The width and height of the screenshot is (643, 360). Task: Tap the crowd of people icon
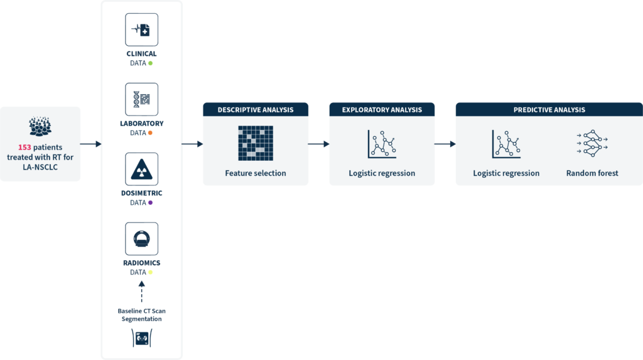point(40,126)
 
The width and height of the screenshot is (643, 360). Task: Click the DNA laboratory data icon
point(141,99)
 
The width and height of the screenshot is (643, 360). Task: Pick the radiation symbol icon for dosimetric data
point(141,168)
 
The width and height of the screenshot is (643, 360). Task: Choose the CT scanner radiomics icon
point(141,238)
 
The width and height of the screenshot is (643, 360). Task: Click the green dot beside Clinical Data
point(151,63)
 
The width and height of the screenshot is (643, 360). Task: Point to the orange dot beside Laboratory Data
point(151,133)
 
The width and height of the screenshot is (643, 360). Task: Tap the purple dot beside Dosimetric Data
point(150,203)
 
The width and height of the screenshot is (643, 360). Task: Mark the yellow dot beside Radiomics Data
point(150,273)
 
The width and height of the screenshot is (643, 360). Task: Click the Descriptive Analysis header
point(256,109)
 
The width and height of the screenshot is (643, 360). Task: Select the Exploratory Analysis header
point(382,109)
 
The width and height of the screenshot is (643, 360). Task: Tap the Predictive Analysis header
point(549,109)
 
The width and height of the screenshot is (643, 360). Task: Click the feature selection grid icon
point(256,143)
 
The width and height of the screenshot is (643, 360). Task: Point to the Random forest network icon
point(592,143)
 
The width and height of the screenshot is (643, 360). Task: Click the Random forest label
point(592,173)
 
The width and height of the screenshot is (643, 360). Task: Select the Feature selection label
point(256,173)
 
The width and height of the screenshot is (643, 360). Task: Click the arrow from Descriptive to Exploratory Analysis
point(319,144)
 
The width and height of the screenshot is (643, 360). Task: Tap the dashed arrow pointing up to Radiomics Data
point(141,292)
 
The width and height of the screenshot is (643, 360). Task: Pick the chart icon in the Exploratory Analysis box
point(382,143)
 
